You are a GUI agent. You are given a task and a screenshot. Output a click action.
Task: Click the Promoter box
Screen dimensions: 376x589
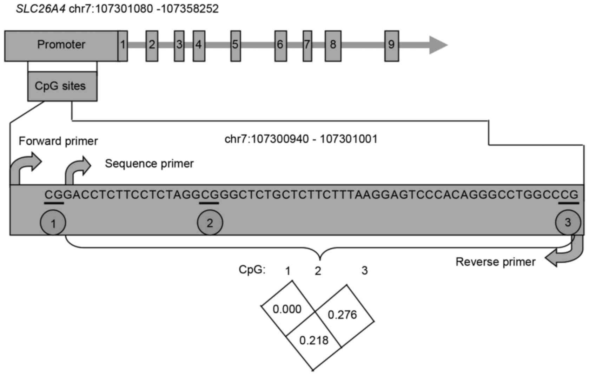tap(61, 46)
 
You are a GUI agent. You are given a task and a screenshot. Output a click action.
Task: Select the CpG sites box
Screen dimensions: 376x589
tap(62, 86)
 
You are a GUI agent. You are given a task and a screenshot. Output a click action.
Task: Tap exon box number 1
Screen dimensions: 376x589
tap(123, 46)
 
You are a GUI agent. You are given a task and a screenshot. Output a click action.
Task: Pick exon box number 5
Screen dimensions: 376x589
tap(236, 46)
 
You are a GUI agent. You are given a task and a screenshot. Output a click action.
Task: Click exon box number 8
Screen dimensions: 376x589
tap(333, 46)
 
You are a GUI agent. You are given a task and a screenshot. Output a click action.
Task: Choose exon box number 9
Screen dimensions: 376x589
tap(391, 46)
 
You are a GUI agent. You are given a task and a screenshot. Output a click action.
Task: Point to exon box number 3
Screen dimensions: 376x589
tap(179, 46)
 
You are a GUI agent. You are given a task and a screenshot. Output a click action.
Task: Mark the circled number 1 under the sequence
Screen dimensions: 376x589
tap(53, 223)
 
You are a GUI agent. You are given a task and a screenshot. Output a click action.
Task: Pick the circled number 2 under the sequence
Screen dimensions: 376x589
tap(210, 223)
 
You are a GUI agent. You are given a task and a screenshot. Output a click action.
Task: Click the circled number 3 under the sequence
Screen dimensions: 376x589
tap(568, 222)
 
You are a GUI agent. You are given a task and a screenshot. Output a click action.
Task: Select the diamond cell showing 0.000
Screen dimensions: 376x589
tap(287, 309)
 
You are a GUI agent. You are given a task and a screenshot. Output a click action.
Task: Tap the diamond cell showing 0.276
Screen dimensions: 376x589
tap(342, 315)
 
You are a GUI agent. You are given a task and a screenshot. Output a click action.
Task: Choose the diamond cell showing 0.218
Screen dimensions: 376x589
tap(314, 340)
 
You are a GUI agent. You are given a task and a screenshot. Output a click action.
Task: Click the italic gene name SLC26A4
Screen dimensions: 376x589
tap(40, 8)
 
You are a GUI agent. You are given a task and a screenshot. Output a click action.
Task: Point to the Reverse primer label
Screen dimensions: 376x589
tap(495, 262)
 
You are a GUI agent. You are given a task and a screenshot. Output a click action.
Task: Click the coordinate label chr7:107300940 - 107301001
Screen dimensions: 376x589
tap(301, 139)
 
